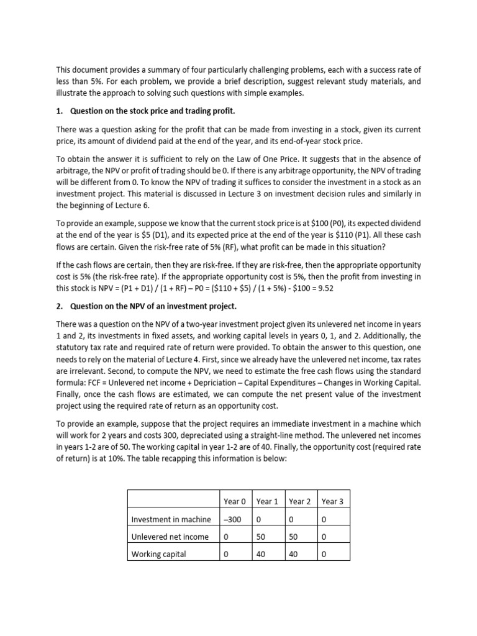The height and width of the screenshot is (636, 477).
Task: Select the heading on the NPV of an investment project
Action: [153, 307]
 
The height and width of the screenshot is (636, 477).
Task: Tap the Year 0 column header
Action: [235, 501]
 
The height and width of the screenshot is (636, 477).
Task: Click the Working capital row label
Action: [158, 555]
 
